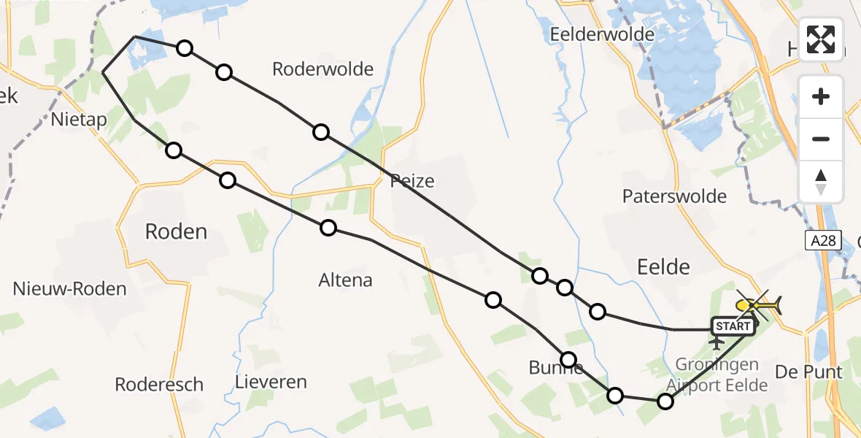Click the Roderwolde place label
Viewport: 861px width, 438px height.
click(323, 69)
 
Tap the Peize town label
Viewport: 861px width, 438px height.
click(412, 180)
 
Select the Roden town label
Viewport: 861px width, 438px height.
click(176, 231)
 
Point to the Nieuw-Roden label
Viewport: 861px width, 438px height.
click(69, 288)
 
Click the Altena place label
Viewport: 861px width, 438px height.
click(345, 280)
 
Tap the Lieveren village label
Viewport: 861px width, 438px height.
click(271, 382)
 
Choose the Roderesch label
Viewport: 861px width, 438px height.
click(159, 385)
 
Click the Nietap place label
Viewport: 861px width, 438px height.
click(80, 119)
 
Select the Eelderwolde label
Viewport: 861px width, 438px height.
click(602, 34)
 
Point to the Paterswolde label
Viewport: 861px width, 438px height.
click(674, 196)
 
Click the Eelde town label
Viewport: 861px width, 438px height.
click(663, 266)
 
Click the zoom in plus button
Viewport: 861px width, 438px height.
click(821, 96)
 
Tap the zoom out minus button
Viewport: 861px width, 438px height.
click(821, 139)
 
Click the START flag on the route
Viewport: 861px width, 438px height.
click(732, 326)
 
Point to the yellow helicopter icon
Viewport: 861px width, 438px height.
click(759, 304)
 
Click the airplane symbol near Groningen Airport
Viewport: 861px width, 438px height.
click(718, 342)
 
